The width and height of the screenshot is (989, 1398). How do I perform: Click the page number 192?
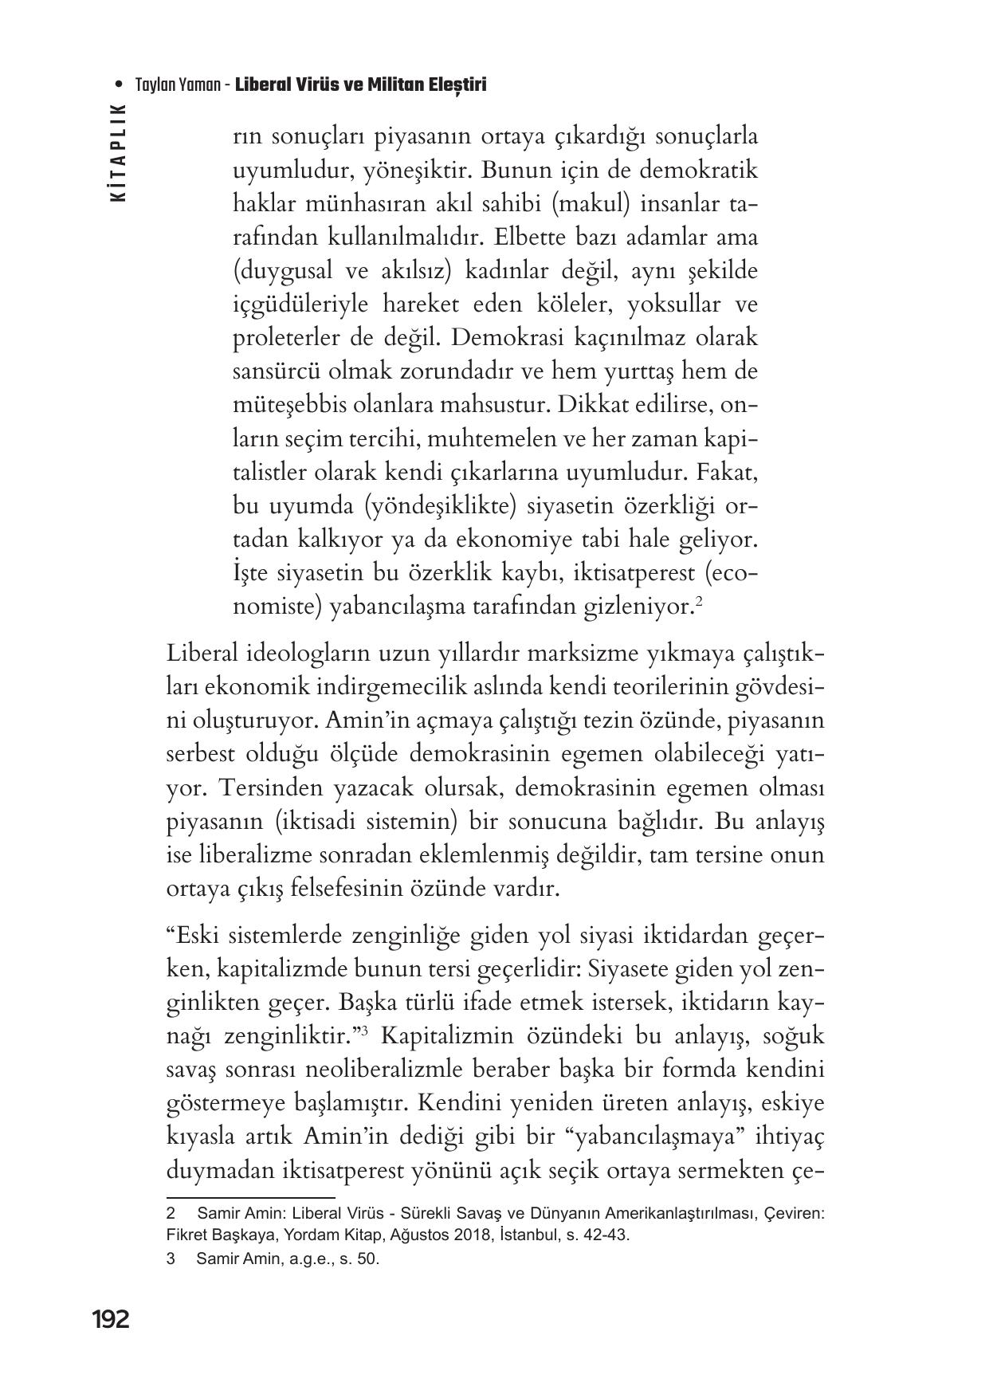110,1320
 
